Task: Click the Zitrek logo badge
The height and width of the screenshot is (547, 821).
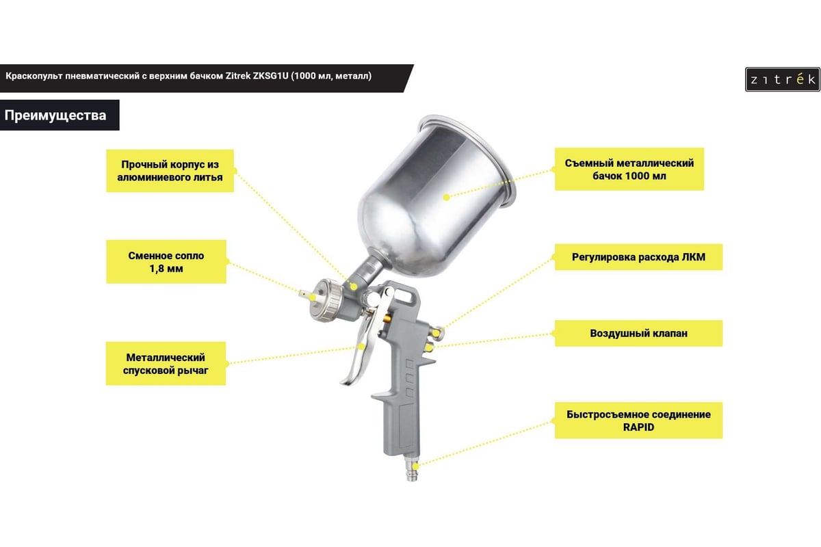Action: point(783,79)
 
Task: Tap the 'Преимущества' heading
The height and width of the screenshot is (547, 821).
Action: point(55,116)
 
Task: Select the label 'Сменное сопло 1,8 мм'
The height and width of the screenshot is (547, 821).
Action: point(166,262)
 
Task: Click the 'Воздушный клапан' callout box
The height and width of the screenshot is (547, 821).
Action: point(638,334)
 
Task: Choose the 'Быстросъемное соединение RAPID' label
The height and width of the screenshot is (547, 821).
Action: point(638,421)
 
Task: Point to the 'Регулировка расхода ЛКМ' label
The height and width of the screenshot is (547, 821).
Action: point(638,257)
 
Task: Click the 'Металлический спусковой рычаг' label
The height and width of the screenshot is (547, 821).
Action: point(166,364)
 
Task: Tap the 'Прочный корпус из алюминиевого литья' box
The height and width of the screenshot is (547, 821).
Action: point(170,171)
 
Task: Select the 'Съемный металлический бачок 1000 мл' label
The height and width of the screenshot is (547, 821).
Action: point(629,170)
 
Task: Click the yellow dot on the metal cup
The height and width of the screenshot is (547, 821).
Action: point(446,198)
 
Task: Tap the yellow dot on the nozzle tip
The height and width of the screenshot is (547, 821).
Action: point(312,297)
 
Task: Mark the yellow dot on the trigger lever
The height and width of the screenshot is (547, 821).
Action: point(362,346)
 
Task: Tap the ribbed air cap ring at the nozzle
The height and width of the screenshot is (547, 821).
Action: point(328,300)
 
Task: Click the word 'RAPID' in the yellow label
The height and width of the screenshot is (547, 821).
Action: point(638,427)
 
